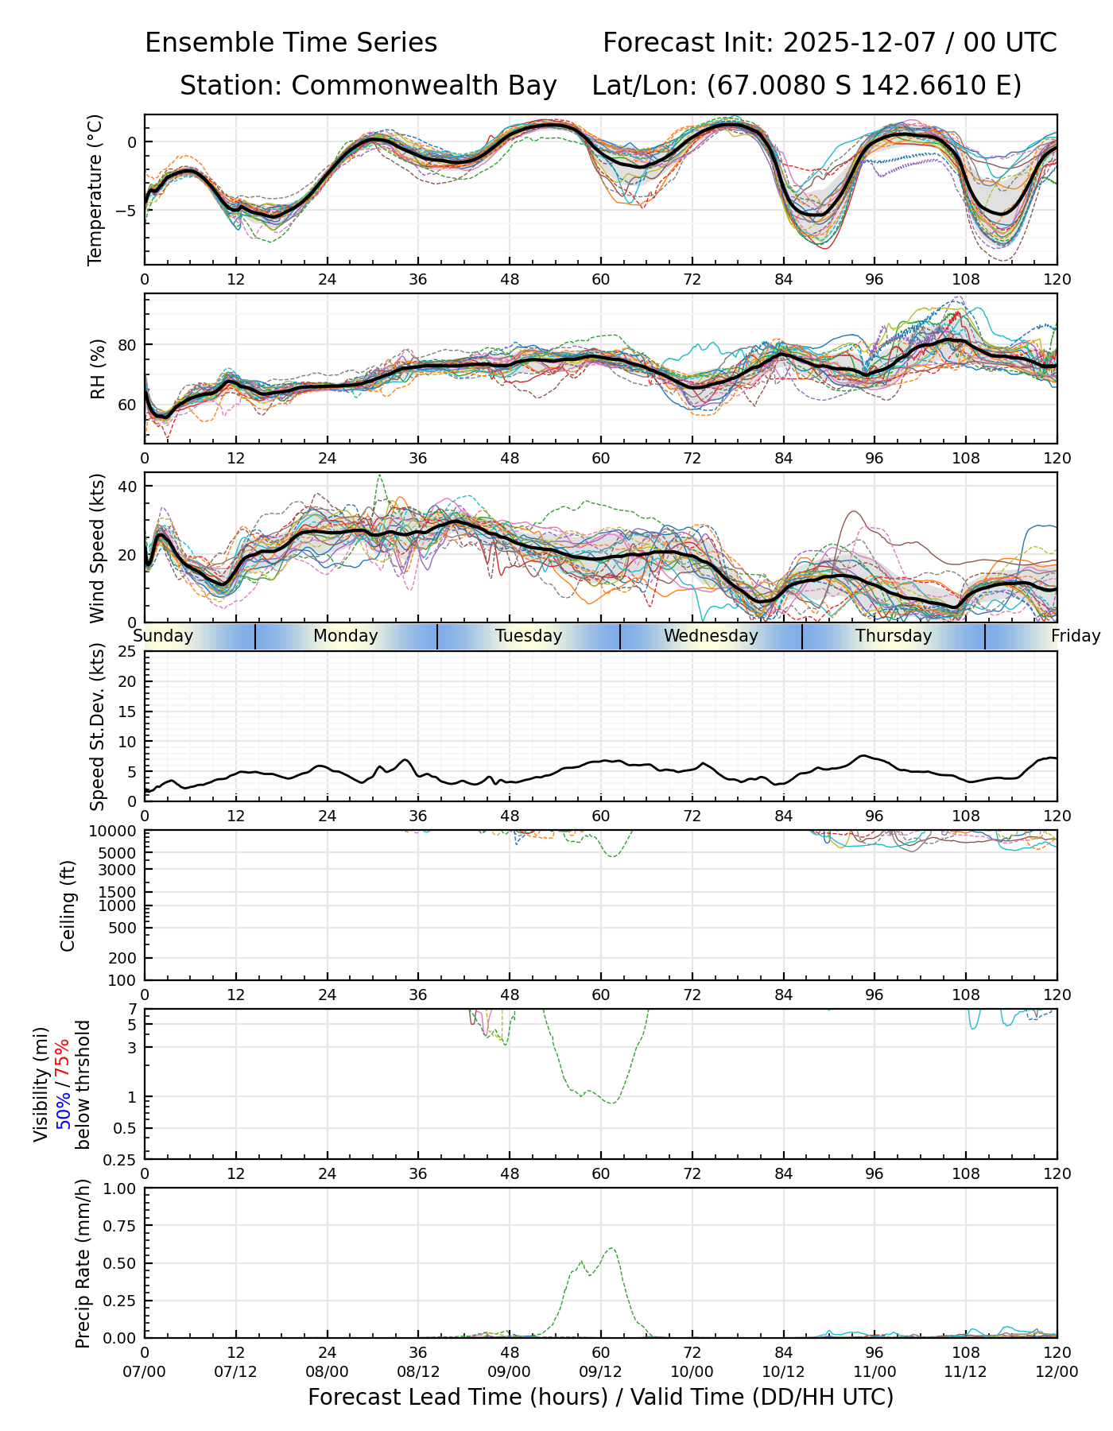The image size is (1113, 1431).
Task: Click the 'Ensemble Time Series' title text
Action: click(291, 43)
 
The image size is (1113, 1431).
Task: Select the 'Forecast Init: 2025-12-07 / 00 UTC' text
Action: click(829, 43)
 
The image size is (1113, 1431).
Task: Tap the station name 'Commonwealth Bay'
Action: click(424, 86)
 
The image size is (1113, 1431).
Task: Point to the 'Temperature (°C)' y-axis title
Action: click(95, 189)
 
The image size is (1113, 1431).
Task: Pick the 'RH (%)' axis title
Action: click(98, 369)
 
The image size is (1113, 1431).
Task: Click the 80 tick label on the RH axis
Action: click(127, 345)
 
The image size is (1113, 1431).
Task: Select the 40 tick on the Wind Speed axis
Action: click(127, 487)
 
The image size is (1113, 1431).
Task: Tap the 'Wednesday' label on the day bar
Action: click(711, 636)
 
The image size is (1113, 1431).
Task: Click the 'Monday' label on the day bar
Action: click(345, 636)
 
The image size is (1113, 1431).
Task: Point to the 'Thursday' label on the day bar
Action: click(894, 636)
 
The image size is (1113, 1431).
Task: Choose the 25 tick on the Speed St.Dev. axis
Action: click(127, 652)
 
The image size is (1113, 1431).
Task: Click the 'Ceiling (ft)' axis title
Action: click(68, 906)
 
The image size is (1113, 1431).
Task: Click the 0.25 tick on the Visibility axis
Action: click(121, 1159)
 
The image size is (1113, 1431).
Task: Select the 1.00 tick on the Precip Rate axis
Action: click(121, 1189)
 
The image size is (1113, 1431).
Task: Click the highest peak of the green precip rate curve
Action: click(611, 1248)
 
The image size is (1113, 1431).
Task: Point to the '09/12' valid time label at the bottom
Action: click(600, 1372)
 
